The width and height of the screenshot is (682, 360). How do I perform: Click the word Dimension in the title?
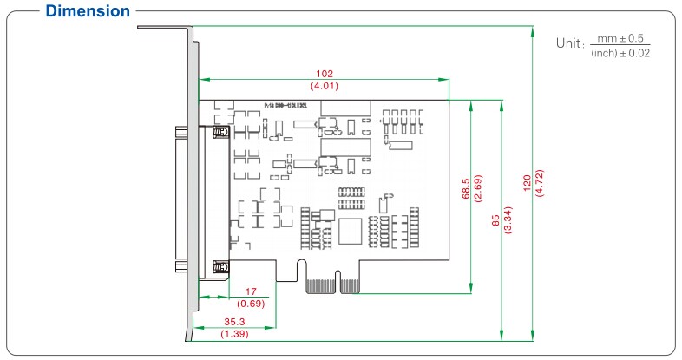pyautogui.click(x=87, y=12)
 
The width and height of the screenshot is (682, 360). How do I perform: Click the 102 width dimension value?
pyautogui.click(x=325, y=74)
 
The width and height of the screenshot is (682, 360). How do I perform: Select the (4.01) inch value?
pyautogui.click(x=325, y=86)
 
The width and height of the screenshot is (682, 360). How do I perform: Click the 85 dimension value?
pyautogui.click(x=495, y=221)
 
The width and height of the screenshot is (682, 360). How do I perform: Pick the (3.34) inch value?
pyautogui.click(x=508, y=221)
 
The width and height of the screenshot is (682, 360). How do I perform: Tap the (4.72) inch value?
pyautogui.click(x=539, y=183)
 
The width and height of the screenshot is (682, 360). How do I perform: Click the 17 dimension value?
pyautogui.click(x=251, y=292)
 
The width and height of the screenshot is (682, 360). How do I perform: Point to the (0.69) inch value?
pyautogui.click(x=251, y=304)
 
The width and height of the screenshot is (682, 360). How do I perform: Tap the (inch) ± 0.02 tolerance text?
pyautogui.click(x=620, y=53)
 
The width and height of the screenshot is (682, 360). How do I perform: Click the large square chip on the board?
pyautogui.click(x=351, y=232)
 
